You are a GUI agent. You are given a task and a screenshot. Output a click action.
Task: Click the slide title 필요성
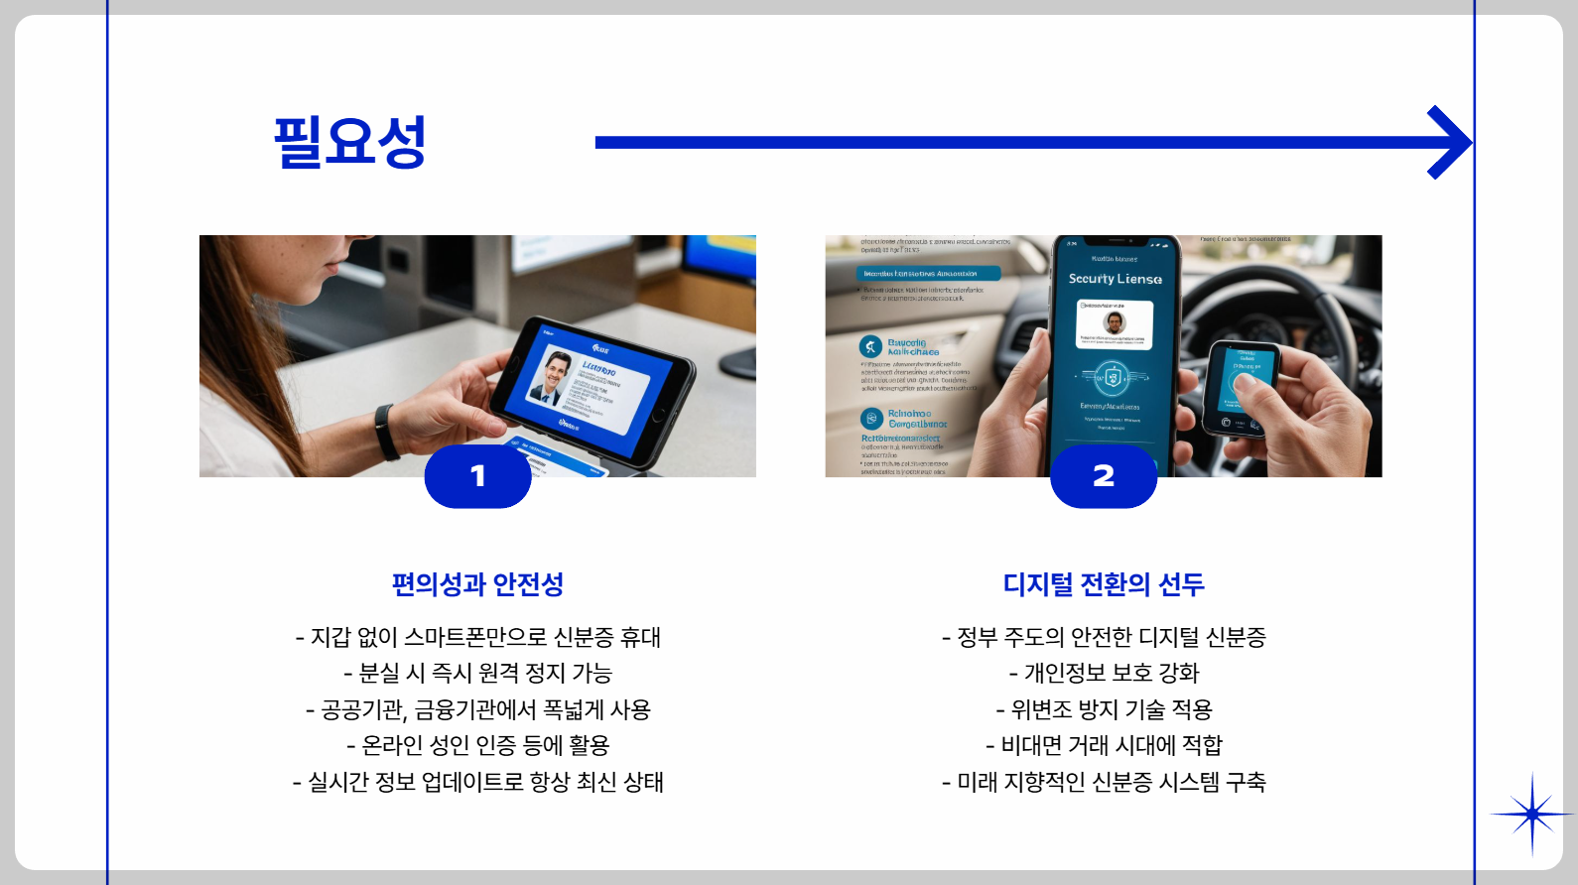[349, 142]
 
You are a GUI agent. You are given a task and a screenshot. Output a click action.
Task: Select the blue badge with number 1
[477, 476]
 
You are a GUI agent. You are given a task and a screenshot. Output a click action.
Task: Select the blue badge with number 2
[1104, 476]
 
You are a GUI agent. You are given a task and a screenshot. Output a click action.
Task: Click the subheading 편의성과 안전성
[477, 584]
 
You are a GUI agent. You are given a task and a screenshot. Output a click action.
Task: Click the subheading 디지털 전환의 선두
[1104, 584]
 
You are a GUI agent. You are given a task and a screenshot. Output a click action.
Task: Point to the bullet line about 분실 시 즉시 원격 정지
[477, 674]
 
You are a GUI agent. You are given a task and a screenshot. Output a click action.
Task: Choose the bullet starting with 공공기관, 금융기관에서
[477, 709]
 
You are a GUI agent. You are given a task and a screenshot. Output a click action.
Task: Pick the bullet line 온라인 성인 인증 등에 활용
[477, 745]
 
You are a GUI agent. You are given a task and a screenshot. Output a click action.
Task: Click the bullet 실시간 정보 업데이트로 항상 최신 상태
[477, 782]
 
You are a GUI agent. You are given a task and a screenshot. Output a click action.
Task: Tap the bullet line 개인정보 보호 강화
[1104, 674]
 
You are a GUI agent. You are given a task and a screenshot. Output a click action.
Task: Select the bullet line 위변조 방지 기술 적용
[1104, 709]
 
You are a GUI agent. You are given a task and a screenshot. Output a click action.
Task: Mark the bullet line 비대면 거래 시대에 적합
[1104, 745]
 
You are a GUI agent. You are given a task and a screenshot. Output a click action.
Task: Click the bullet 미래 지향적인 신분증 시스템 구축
[1104, 782]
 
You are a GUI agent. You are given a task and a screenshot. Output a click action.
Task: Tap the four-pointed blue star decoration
[1531, 815]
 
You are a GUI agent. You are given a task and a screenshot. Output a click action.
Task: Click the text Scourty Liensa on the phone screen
[1115, 279]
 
